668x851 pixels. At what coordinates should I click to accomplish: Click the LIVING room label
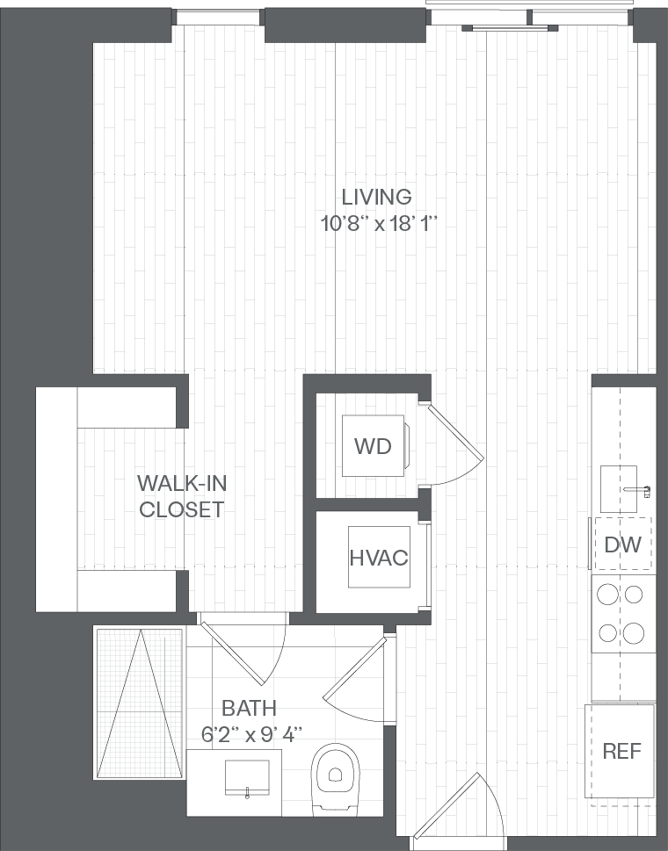click(377, 197)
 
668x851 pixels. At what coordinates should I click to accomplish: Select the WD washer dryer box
click(373, 445)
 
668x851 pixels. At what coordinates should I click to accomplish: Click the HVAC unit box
click(379, 558)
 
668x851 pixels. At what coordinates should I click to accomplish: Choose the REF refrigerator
click(622, 752)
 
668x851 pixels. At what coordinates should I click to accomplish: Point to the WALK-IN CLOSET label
click(181, 495)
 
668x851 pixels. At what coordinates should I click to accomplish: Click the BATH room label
click(249, 708)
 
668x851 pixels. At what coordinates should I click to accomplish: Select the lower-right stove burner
click(633, 631)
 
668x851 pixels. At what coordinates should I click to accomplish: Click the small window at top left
click(219, 17)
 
